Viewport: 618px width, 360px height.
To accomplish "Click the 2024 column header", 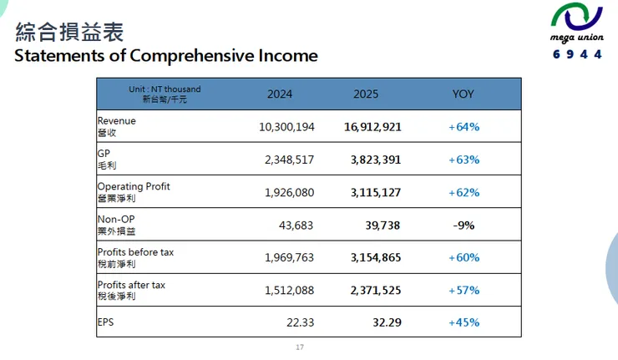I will click(280, 94).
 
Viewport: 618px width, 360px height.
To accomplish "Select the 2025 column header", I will click(366, 94).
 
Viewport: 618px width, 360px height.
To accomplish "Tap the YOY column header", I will click(463, 94).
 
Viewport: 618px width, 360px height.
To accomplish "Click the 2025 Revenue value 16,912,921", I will click(372, 127).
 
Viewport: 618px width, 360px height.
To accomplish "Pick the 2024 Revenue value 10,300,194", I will click(286, 127).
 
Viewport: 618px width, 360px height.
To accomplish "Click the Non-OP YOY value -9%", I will click(463, 225).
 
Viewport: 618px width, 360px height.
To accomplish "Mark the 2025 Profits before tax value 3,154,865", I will click(372, 257).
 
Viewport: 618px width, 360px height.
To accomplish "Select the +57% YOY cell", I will click(463, 290).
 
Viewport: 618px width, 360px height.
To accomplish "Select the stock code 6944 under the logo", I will click(576, 55).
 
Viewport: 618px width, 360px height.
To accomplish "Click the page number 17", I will click(300, 347).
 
